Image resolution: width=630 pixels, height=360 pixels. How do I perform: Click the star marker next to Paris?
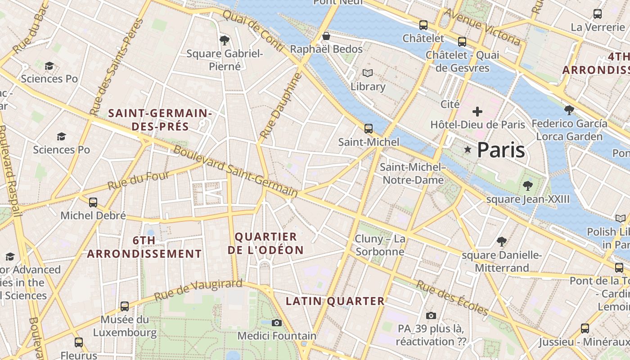[x=468, y=149]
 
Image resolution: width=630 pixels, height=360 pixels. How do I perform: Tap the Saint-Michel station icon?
[x=369, y=129]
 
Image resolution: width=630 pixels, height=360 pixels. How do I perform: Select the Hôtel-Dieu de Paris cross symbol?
[x=477, y=111]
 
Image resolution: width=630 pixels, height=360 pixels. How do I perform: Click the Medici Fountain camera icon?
[x=277, y=323]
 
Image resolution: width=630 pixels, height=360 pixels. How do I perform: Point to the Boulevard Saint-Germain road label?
[x=235, y=171]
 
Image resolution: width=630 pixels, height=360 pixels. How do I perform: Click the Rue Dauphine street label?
[x=280, y=106]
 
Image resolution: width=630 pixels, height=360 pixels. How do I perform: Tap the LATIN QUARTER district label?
[x=336, y=301]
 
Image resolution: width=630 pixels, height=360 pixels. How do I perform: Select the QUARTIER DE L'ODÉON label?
[x=265, y=243]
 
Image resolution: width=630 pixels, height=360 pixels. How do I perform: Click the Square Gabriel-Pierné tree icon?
[x=225, y=40]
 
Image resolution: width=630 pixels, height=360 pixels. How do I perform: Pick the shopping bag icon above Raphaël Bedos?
[x=326, y=36]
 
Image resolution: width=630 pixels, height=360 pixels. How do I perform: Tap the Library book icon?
[x=368, y=73]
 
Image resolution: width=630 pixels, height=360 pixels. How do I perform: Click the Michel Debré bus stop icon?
[x=93, y=202]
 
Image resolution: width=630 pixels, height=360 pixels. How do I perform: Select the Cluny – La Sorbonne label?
[x=380, y=245]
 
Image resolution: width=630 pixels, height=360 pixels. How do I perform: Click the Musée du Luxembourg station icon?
[x=125, y=306]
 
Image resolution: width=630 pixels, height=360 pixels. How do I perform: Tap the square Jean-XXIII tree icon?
[x=527, y=185]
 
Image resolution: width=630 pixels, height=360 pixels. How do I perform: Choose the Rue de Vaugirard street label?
[x=198, y=290]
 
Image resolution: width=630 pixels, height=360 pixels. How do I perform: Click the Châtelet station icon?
[x=423, y=25]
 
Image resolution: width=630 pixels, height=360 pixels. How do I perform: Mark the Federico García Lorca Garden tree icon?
[x=569, y=110]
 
